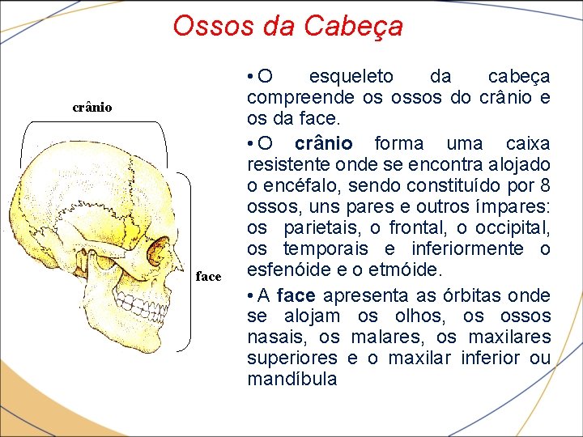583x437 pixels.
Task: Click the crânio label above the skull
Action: pyautogui.click(x=92, y=107)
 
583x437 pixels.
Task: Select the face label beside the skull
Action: pyautogui.click(x=208, y=277)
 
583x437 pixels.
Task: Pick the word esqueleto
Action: pyautogui.click(x=351, y=77)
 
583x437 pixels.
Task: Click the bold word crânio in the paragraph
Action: pyautogui.click(x=323, y=143)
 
